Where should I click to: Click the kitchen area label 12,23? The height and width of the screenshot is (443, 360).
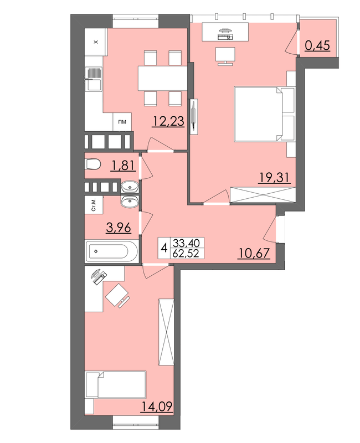click(168, 121)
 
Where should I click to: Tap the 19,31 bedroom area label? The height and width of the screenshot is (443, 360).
click(274, 178)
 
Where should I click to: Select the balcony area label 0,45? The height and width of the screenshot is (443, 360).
click(317, 45)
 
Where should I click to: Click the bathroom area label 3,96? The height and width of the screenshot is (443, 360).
click(119, 228)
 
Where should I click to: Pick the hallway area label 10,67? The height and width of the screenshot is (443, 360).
click(254, 253)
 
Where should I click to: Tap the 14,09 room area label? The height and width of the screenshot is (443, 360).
click(157, 407)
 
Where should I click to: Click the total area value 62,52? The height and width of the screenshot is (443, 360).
click(187, 254)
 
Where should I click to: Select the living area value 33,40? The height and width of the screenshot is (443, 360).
click(187, 243)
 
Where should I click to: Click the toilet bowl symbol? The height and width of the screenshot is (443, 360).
click(92, 164)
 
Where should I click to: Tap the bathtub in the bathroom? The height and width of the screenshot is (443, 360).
click(112, 251)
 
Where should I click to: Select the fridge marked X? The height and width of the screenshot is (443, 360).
click(96, 42)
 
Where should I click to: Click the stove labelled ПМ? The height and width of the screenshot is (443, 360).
click(122, 122)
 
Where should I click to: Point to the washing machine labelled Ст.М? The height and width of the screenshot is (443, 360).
click(94, 205)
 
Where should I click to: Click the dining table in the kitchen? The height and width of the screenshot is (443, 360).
click(162, 78)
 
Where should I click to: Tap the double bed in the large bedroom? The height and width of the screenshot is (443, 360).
click(264, 114)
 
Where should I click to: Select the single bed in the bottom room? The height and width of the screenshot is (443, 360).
click(116, 385)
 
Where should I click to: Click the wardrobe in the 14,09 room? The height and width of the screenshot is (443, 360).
click(167, 332)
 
